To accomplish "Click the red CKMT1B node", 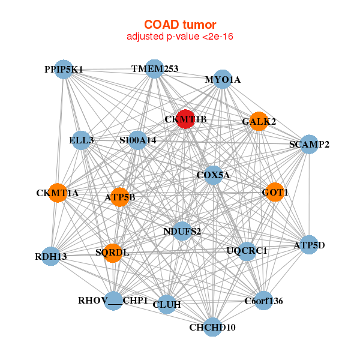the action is [185, 119].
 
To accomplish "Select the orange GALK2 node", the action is [259, 121].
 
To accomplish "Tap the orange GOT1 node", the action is [275, 192].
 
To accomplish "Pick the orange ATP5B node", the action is [119, 197].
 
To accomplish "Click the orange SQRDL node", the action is [113, 253].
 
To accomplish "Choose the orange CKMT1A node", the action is [58, 193].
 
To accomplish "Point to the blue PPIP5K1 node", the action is [64, 70].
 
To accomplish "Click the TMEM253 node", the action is [155, 69].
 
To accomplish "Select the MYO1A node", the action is [223, 79].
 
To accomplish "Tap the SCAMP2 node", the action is [309, 145].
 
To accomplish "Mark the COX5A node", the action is [213, 175].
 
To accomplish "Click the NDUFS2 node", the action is [182, 231].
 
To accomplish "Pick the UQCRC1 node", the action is [247, 251].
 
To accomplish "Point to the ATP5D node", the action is [309, 245].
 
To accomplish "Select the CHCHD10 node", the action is [213, 327].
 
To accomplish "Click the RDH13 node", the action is [50, 256].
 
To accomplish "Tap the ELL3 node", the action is [81, 140].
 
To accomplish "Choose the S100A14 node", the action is [137, 140].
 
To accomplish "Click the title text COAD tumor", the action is [180, 25].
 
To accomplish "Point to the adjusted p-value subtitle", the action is [180, 36].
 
